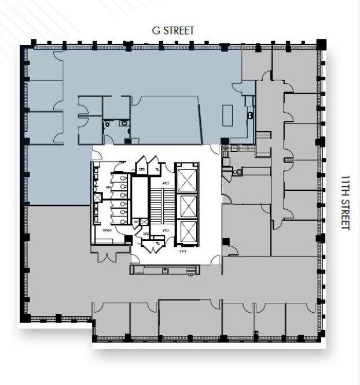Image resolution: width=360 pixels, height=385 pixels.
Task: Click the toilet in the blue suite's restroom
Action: click(x=108, y=123)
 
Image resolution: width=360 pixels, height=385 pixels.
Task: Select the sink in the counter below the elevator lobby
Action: click(x=166, y=269)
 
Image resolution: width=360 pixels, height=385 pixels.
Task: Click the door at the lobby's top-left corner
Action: click(x=98, y=153)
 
